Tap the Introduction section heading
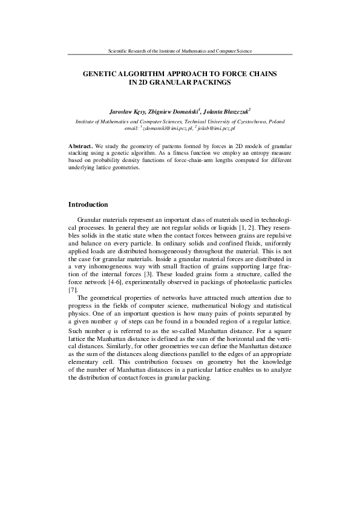pyautogui.click(x=88, y=204)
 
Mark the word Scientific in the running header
pyautogui.click(x=118, y=51)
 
